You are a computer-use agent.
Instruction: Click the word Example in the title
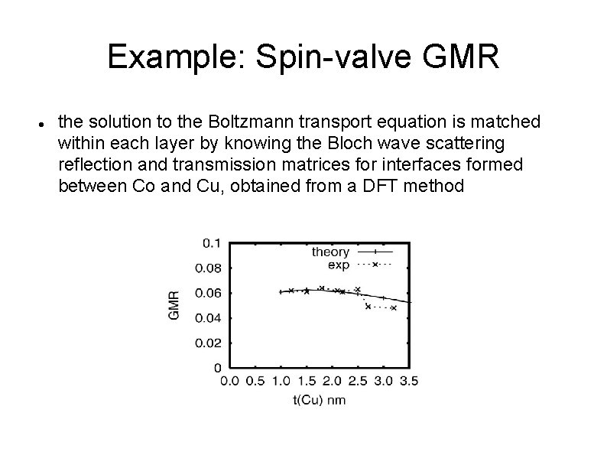point(172,57)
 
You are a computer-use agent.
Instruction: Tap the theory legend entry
point(330,252)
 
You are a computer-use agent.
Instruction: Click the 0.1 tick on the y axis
point(212,243)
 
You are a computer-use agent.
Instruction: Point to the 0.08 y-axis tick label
point(209,268)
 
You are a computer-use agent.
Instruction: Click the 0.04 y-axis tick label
point(209,317)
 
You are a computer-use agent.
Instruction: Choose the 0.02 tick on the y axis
point(209,342)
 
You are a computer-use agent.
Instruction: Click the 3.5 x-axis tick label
point(409,380)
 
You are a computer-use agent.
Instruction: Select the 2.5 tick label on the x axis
point(358,380)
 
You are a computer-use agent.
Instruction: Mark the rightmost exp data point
point(394,308)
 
